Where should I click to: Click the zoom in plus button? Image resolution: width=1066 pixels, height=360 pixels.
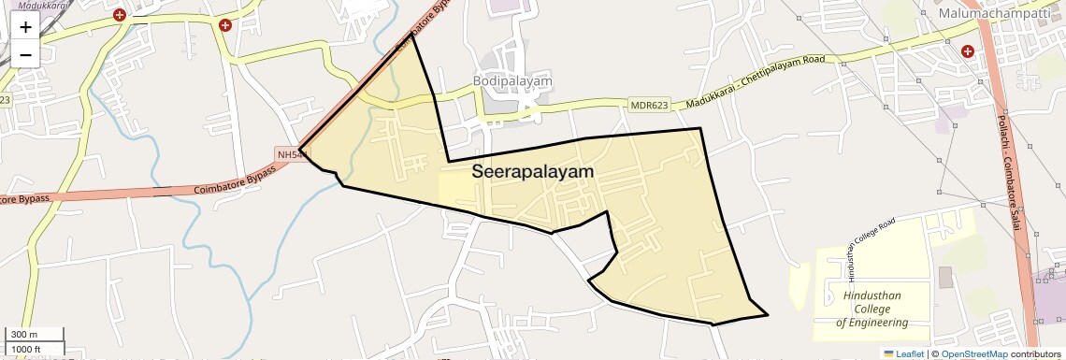(x=25, y=26)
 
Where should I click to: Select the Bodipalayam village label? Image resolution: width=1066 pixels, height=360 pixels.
(x=511, y=81)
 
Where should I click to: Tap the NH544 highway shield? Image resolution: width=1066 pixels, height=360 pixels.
(x=291, y=153)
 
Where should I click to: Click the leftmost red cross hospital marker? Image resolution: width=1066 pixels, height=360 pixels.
(x=119, y=15)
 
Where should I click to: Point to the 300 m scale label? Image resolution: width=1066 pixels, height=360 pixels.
(x=24, y=335)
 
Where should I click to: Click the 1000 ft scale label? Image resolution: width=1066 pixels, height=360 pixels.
(x=26, y=350)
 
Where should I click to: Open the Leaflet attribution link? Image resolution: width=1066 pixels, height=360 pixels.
(x=902, y=353)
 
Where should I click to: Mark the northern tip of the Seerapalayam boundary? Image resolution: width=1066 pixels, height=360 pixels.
(x=412, y=34)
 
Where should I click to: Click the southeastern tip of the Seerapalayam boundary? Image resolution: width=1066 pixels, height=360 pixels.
(x=768, y=315)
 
